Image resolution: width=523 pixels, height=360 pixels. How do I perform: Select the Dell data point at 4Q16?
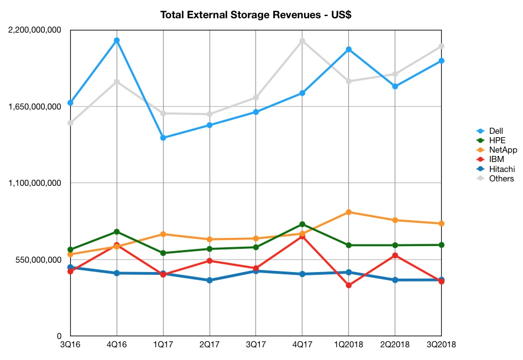(117, 40)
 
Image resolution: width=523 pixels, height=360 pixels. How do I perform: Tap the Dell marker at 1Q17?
(163, 138)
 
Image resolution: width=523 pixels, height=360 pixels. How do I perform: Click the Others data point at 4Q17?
(302, 41)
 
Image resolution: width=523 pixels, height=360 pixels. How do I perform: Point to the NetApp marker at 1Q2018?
(348, 212)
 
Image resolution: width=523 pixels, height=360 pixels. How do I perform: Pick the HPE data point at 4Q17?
(302, 224)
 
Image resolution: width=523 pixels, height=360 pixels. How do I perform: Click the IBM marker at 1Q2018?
(348, 285)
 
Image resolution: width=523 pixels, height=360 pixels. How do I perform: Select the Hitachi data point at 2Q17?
(210, 280)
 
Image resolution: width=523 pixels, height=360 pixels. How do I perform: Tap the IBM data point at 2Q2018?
(395, 255)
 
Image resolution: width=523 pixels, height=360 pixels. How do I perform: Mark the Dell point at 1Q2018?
(348, 49)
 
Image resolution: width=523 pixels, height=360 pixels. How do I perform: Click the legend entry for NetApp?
(497, 150)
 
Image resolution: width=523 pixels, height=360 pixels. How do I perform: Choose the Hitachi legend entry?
(496, 169)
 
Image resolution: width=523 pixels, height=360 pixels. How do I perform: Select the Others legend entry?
(495, 179)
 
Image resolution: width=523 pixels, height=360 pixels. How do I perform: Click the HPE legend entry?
(491, 140)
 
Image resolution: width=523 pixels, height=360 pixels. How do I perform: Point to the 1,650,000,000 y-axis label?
(35, 107)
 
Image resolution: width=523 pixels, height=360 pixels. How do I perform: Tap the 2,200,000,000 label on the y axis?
(35, 30)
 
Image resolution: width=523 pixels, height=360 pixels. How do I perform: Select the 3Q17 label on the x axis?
(256, 345)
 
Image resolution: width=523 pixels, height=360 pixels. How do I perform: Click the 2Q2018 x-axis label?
(395, 345)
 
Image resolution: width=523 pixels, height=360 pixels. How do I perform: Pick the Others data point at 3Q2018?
(441, 46)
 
